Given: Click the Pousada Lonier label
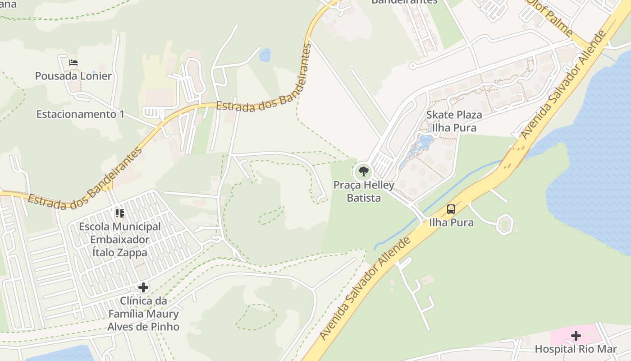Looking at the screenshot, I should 73,76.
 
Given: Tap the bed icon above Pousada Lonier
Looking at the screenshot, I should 73,63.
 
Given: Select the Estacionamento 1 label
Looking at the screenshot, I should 80,114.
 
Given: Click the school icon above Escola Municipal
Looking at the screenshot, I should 119,213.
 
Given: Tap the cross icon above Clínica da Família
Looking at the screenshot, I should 143,287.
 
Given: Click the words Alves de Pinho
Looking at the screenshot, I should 143,327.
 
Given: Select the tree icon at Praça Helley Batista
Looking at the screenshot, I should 363,171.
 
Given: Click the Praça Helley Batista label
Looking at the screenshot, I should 363,191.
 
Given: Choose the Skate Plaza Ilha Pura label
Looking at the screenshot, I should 454,121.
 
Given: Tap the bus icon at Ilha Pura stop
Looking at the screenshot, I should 451,209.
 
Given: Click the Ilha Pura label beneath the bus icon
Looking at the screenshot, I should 451,222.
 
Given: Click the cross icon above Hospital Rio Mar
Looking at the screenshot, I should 576,336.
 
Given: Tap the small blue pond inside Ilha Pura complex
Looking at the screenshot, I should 424,142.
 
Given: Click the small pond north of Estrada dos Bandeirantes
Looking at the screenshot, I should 265,55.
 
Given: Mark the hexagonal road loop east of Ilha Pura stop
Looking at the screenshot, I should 505,224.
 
